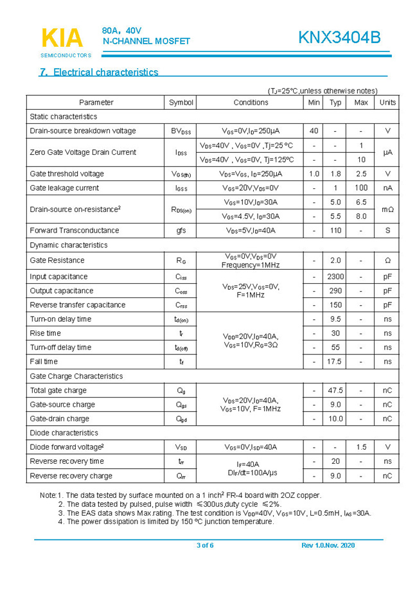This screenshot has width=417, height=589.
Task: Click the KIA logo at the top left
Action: tap(62, 39)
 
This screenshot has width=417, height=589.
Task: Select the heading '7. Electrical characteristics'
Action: tap(99, 72)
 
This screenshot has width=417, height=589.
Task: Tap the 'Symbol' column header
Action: tap(181, 102)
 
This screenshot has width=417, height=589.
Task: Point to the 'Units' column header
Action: tap(387, 102)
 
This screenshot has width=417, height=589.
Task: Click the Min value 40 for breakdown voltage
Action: tap(314, 130)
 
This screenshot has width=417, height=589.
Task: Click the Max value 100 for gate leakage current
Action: tap(361, 188)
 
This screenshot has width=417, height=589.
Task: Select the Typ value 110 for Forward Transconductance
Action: tap(335, 230)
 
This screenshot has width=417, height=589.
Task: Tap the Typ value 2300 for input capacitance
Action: tap(335, 276)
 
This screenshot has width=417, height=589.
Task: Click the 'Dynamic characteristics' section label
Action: tap(69, 245)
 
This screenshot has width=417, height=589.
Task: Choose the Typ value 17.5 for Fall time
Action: tap(335, 362)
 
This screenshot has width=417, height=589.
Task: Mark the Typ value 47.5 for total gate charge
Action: tap(335, 390)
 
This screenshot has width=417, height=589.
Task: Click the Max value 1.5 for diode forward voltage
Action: tap(361, 447)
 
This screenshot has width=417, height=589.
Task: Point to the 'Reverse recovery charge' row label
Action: tap(71, 476)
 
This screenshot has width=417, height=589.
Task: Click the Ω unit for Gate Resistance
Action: tap(387, 260)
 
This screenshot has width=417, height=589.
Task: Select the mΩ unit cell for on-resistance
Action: tap(387, 209)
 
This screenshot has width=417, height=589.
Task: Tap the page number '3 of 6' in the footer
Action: tap(205, 545)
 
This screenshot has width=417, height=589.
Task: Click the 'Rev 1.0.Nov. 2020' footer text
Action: tap(328, 545)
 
